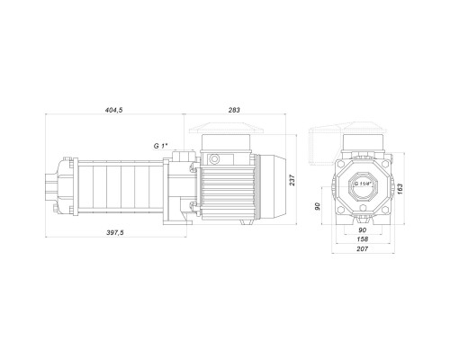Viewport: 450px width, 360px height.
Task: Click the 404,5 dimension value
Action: (113, 110)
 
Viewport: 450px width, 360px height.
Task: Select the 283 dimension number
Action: (234, 110)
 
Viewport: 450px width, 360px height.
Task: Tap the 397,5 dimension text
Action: (115, 232)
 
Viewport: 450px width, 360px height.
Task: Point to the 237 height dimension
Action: (292, 180)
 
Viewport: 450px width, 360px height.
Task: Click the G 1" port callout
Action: (160, 146)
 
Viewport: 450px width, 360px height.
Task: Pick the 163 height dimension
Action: (400, 189)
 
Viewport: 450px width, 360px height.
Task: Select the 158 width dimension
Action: (363, 239)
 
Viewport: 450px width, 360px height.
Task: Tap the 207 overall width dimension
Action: (363, 248)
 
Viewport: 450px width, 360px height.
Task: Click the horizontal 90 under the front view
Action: (363, 230)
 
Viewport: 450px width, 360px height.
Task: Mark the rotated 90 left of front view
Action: (318, 206)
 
